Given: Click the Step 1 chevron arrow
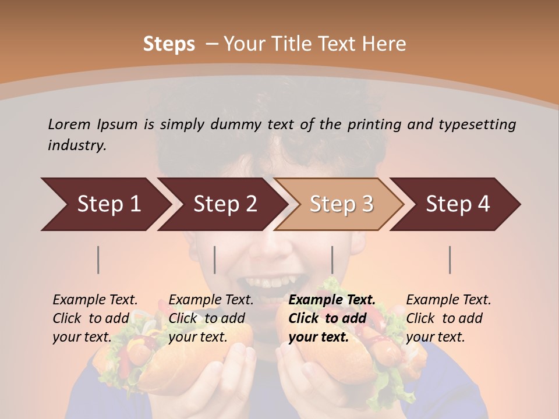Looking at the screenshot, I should click(x=108, y=204).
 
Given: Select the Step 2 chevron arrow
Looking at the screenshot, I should click(x=224, y=204).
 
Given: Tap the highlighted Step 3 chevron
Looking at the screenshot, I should click(x=341, y=204).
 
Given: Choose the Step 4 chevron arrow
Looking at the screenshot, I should click(x=457, y=204).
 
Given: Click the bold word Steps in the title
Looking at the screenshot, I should click(x=169, y=44).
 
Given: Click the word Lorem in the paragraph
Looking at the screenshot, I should click(x=69, y=124).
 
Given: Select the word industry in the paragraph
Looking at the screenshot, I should click(x=76, y=145).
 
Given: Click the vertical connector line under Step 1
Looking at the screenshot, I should click(x=98, y=260).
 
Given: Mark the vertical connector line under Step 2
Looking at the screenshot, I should click(x=215, y=260).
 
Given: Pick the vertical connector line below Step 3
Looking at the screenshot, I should click(x=332, y=260).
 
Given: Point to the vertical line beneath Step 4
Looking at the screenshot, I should click(x=450, y=260).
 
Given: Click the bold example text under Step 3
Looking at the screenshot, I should click(x=331, y=318).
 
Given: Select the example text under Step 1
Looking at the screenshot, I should click(x=95, y=318).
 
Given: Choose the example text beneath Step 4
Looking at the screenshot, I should click(x=448, y=318).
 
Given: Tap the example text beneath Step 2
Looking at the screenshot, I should click(x=211, y=318).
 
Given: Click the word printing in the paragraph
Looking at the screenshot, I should click(x=373, y=125).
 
